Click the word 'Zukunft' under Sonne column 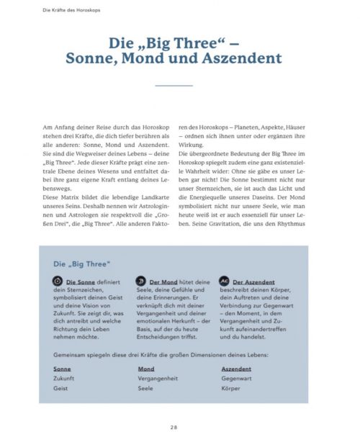66,377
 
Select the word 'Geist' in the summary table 62,387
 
